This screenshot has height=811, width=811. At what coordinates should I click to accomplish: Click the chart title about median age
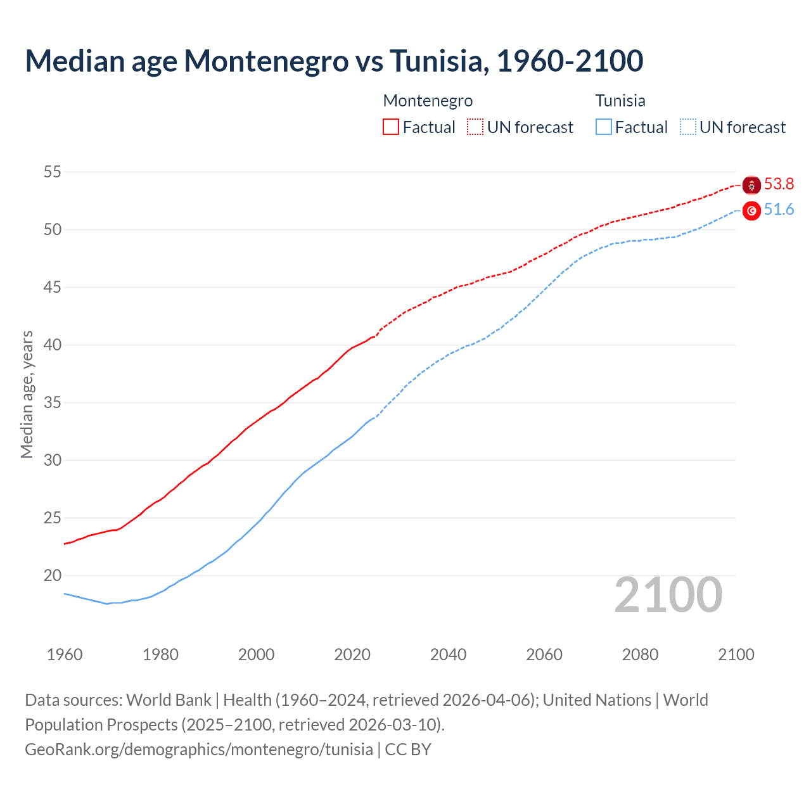point(334,61)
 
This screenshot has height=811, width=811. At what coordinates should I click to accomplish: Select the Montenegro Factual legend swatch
point(391,127)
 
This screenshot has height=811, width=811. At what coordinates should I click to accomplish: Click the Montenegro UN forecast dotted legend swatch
point(475,127)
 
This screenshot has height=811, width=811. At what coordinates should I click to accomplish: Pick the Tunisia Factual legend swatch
point(604,127)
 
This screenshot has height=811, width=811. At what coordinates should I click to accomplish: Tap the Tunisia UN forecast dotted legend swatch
point(688,127)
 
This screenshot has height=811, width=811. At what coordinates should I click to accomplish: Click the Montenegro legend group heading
point(428,101)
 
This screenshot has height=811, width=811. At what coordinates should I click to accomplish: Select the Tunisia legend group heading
point(620,101)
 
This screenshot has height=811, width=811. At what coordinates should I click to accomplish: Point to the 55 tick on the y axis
point(53,172)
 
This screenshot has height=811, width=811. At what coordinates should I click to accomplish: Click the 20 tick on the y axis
point(53,575)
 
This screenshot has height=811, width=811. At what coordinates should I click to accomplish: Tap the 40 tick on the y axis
point(53,345)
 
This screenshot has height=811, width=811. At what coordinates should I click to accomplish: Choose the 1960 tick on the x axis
point(65,655)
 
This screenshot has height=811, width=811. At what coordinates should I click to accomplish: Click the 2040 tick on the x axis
point(448,655)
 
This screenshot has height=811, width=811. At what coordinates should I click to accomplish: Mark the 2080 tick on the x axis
point(640,655)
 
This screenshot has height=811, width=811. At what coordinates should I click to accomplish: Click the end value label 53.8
point(779,184)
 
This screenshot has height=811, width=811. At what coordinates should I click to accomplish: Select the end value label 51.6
point(779,210)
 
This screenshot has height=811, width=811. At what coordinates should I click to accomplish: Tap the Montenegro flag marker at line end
point(751,185)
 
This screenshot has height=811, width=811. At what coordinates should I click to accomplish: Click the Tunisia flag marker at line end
point(751,210)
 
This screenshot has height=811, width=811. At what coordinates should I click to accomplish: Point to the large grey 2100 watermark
point(668,594)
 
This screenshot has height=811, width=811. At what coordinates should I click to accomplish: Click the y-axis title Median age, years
point(27,394)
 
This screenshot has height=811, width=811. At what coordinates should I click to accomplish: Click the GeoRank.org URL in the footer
point(199,750)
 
